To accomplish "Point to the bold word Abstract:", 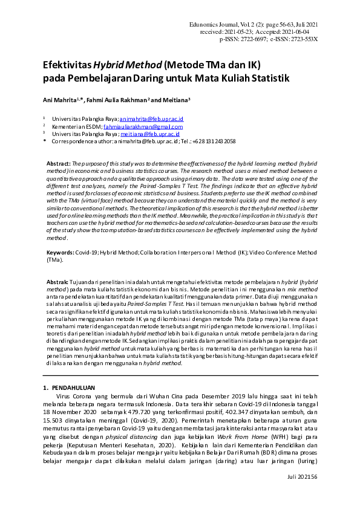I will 59,164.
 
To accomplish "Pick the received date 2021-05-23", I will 241,32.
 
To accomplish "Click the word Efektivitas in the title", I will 67,65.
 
